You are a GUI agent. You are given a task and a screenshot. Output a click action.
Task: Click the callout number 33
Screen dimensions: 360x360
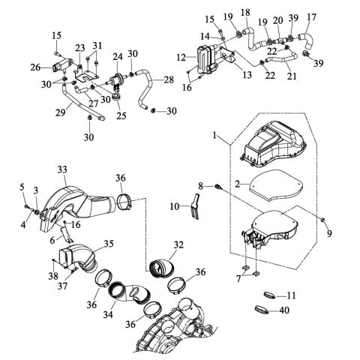pyautogui.click(x=62, y=169)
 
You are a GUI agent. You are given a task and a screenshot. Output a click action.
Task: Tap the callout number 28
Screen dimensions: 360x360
pyautogui.click(x=169, y=80)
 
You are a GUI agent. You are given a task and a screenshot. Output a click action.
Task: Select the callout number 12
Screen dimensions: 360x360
pyautogui.click(x=181, y=58)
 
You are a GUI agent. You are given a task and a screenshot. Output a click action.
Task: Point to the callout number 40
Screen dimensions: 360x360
pyautogui.click(x=284, y=310)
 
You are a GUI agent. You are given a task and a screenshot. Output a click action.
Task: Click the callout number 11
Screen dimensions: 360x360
pyautogui.click(x=291, y=295)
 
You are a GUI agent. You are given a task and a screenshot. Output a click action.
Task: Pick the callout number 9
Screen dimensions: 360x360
pyautogui.click(x=329, y=233)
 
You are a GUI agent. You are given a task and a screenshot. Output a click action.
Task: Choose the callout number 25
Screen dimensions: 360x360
pyautogui.click(x=121, y=116)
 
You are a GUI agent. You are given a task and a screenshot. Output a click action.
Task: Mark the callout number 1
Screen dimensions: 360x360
pyautogui.click(x=214, y=136)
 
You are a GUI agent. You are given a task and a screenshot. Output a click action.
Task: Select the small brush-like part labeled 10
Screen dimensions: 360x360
pyautogui.click(x=196, y=206)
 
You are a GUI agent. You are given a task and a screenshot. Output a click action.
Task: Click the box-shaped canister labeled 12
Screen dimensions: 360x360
pyautogui.click(x=205, y=59)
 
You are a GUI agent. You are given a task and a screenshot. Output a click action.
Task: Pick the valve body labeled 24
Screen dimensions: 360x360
pyautogui.click(x=115, y=80)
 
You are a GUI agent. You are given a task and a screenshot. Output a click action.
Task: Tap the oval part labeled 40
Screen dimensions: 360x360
pyautogui.click(x=262, y=310)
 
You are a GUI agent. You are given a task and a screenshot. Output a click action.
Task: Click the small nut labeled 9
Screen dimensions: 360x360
pyautogui.click(x=323, y=220)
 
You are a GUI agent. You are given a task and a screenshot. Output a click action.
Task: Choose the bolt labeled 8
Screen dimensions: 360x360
pyautogui.click(x=217, y=186)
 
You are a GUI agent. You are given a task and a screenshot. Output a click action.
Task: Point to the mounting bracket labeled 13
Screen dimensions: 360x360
pyautogui.click(x=229, y=57)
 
